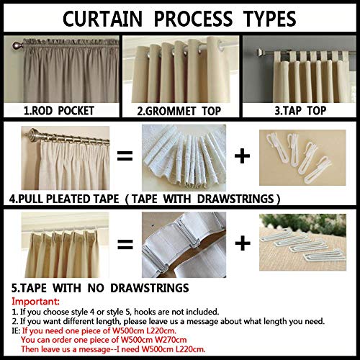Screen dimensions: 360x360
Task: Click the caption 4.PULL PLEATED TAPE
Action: coord(143,197)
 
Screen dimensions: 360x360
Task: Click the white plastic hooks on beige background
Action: coord(299,156)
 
